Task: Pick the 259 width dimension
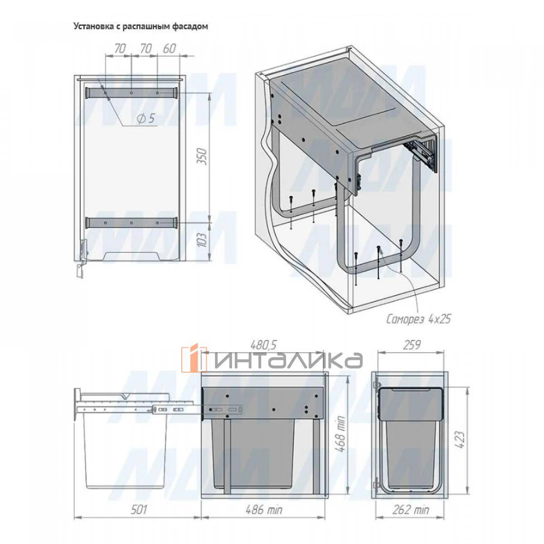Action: tap(412, 345)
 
